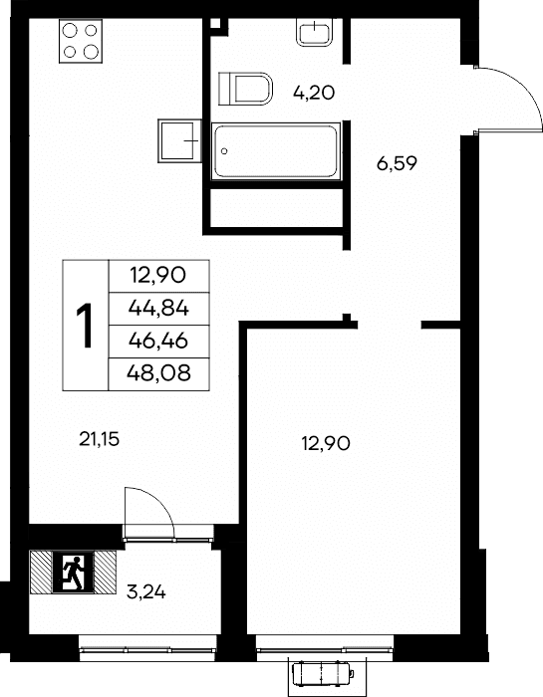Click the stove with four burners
click(x=81, y=41)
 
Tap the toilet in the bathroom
click(x=245, y=89)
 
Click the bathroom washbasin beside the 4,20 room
click(x=315, y=32)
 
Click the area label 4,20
click(x=314, y=93)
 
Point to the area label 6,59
click(x=397, y=164)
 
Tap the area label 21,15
click(x=100, y=440)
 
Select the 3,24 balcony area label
click(x=146, y=592)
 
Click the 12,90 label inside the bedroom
click(x=326, y=443)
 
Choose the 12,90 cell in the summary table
click(x=158, y=276)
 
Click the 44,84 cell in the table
click(x=158, y=309)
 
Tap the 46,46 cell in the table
click(x=158, y=341)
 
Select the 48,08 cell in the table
click(x=158, y=373)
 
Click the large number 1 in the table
click(x=85, y=325)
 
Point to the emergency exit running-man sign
click(x=74, y=573)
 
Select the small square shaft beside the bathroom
click(x=215, y=24)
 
